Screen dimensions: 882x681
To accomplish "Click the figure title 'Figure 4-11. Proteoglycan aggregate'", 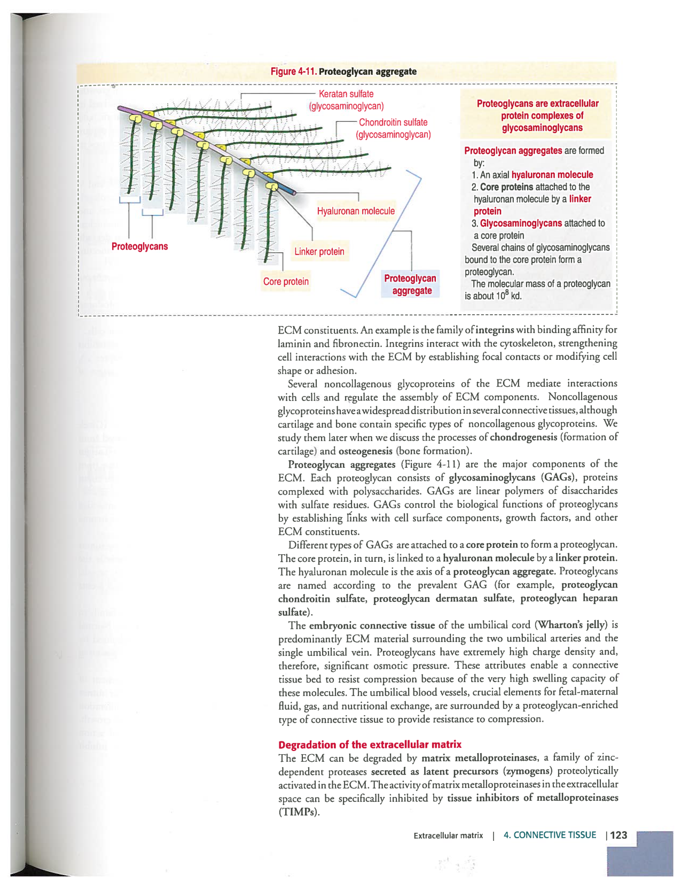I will coord(343,72).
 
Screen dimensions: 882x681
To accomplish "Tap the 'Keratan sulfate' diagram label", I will coord(346,94).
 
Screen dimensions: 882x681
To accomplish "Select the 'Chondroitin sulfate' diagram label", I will coord(393,122).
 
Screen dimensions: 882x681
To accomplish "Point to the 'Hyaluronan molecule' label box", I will coord(356,211).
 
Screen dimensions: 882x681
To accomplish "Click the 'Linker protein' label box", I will coord(319,252).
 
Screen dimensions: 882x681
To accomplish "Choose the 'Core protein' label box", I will coord(286,282).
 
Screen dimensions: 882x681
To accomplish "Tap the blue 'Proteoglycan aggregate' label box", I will coord(410,284).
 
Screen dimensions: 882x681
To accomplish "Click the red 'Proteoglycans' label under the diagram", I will coord(139,246).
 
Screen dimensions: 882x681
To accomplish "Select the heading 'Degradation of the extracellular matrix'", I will coord(370,745).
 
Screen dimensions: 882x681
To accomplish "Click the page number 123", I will coord(619,835).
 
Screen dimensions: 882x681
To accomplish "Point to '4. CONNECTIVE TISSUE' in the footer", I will coord(550,835).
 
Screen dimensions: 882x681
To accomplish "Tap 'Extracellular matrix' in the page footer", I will coord(448,835).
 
